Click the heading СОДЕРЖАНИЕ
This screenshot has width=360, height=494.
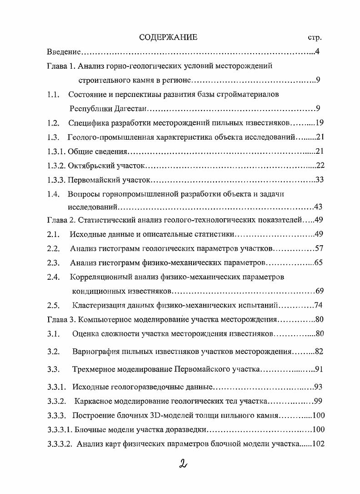click(168, 37)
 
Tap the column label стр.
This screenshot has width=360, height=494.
click(315, 38)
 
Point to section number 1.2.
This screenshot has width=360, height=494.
click(54, 123)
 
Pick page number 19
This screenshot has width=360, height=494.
click(319, 123)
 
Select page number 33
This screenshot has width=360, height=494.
click(319, 179)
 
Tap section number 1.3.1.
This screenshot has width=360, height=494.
click(56, 151)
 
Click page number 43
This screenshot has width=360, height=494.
click(319, 207)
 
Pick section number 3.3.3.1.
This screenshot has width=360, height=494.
click(60, 429)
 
